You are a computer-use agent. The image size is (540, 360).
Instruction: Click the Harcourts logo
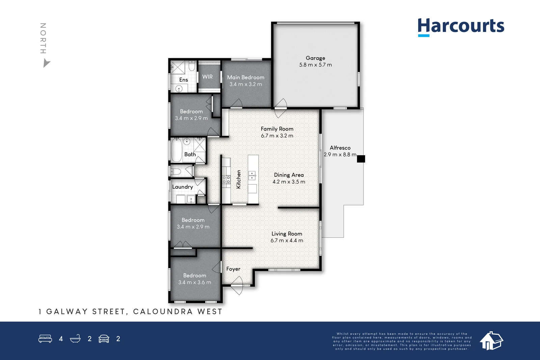(x=461, y=27)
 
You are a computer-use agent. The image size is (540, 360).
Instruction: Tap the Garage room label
(x=315, y=58)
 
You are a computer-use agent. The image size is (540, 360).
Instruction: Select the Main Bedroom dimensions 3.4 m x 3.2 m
(x=246, y=84)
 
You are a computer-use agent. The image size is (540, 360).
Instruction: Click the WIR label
(x=207, y=77)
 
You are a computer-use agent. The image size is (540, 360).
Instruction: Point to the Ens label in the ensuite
(x=184, y=80)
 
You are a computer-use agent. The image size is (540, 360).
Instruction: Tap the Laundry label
(x=183, y=187)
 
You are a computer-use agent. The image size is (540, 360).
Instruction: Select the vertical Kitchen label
(x=238, y=179)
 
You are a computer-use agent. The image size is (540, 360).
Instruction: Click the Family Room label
(x=277, y=129)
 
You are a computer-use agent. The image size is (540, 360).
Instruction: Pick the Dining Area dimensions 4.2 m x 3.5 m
(x=289, y=182)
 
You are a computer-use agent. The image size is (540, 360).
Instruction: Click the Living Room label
(x=287, y=234)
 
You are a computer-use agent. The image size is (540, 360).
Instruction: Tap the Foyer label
(x=233, y=269)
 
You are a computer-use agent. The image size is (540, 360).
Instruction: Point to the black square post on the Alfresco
(x=361, y=159)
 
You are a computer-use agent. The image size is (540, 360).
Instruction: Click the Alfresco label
(x=340, y=148)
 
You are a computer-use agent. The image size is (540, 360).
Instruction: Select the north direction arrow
(x=46, y=64)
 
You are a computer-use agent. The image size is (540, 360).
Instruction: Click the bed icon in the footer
(x=45, y=338)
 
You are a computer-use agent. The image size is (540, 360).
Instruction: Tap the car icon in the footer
(x=104, y=339)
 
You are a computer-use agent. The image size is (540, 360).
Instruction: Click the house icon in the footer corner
(x=491, y=341)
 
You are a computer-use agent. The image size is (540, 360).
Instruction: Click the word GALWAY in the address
(x=67, y=311)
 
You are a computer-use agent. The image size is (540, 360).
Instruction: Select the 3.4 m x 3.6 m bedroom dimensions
(x=194, y=282)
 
